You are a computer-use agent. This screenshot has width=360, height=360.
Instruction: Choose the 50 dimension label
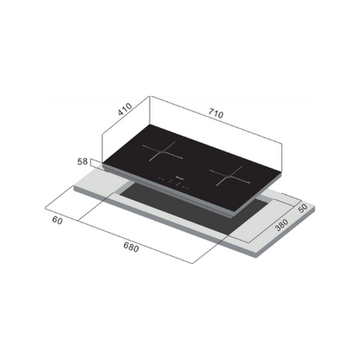pos(304,209)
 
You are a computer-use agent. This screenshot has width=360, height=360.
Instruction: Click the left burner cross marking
pos(162,155)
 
